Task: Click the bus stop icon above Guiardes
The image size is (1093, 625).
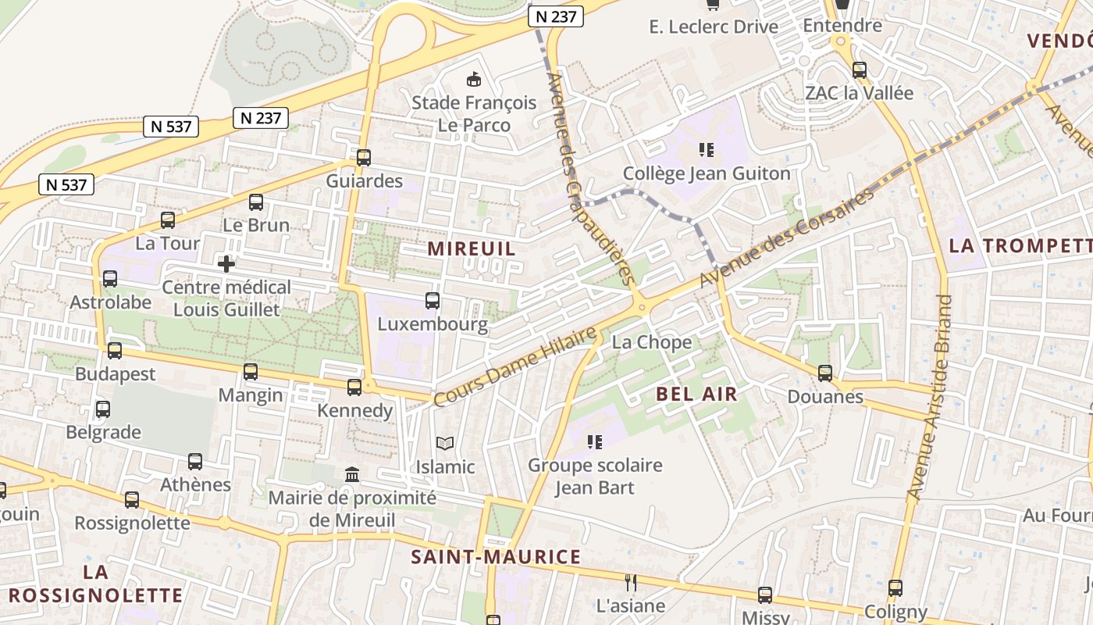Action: [x=363, y=158]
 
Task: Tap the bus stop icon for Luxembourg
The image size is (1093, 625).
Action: [x=432, y=301]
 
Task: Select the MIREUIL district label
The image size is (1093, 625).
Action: [x=472, y=248]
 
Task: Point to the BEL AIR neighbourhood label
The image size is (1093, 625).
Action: [x=697, y=394]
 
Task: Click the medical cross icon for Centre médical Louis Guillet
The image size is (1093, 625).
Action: [x=226, y=264]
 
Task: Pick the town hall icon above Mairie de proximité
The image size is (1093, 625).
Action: [x=351, y=474]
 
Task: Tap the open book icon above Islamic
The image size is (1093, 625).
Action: [x=445, y=444]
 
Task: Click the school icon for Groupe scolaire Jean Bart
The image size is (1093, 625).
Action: [x=595, y=442]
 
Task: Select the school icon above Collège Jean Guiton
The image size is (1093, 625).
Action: [x=707, y=149]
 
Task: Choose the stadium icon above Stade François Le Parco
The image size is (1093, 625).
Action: [x=474, y=79]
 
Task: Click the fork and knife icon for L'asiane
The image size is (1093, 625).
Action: [x=631, y=582]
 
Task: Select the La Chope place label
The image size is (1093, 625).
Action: [x=651, y=342]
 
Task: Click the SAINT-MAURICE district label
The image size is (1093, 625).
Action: [x=496, y=557]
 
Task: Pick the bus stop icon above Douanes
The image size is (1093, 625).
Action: [x=824, y=373]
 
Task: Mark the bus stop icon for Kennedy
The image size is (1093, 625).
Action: [x=354, y=387]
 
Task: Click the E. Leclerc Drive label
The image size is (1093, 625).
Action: [x=714, y=27]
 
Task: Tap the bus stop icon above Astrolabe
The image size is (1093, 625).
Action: [x=110, y=279]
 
